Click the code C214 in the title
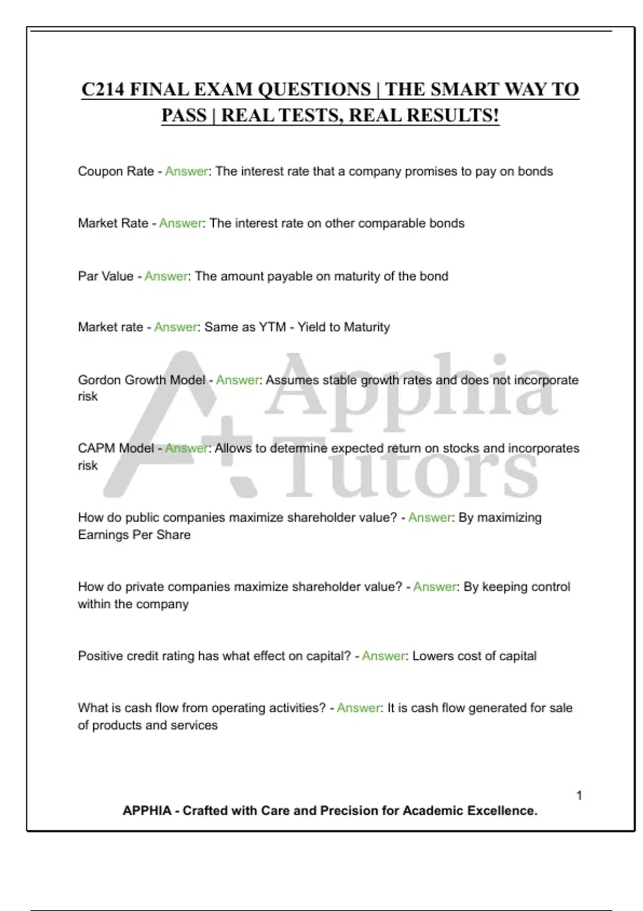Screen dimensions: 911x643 click(x=103, y=89)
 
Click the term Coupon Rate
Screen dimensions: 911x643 click(x=116, y=171)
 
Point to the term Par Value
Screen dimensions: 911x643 click(x=106, y=277)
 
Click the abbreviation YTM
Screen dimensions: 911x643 click(x=272, y=327)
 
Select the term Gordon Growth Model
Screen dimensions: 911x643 click(x=141, y=380)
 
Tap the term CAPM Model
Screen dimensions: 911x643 click(x=116, y=448)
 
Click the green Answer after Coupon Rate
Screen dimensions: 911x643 click(x=186, y=171)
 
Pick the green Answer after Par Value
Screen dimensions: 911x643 click(x=166, y=277)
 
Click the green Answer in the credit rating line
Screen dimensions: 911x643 click(x=383, y=656)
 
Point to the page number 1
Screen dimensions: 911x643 click(x=579, y=795)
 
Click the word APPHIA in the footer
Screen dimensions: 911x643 click(x=147, y=811)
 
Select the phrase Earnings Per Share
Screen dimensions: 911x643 click(x=134, y=535)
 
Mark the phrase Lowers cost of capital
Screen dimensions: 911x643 click(x=474, y=656)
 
